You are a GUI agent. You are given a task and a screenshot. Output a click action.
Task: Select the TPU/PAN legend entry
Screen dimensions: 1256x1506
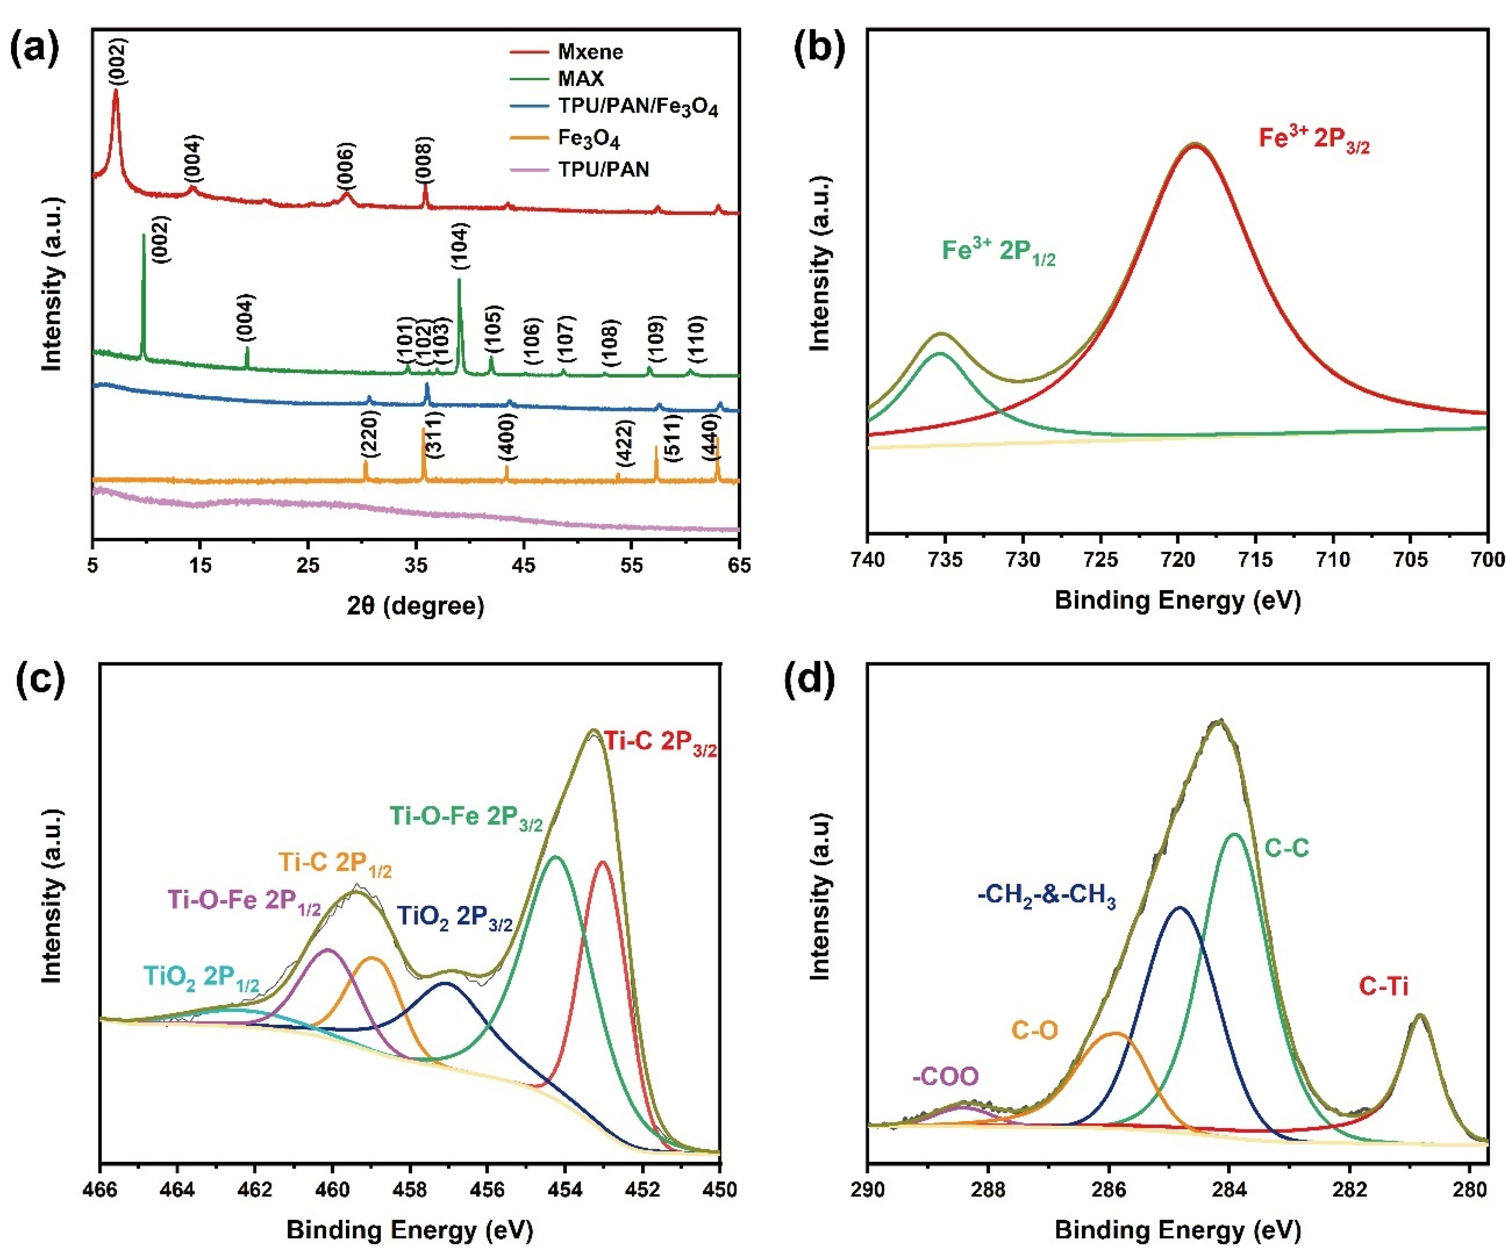tap(603, 170)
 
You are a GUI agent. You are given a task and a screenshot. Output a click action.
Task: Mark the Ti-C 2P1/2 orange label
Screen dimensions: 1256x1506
tap(335, 863)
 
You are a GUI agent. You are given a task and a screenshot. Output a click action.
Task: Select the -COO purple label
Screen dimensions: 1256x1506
tap(945, 1077)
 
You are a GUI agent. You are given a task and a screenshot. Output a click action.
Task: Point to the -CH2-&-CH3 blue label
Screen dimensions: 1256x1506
tap(1046, 896)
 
